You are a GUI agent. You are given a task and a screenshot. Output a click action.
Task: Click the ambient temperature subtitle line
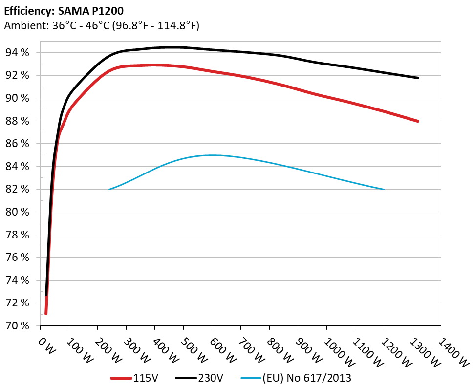click(x=101, y=26)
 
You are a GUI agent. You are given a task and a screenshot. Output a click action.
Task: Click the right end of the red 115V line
click(x=418, y=121)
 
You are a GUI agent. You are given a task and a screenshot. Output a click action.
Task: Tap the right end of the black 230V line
click(x=418, y=78)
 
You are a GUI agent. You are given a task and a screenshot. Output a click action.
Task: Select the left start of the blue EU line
click(x=109, y=189)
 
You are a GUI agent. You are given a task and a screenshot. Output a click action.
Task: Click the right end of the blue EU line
click(x=384, y=189)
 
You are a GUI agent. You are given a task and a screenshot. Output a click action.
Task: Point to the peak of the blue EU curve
click(x=212, y=155)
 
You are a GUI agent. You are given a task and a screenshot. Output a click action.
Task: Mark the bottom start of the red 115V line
click(x=46, y=313)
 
